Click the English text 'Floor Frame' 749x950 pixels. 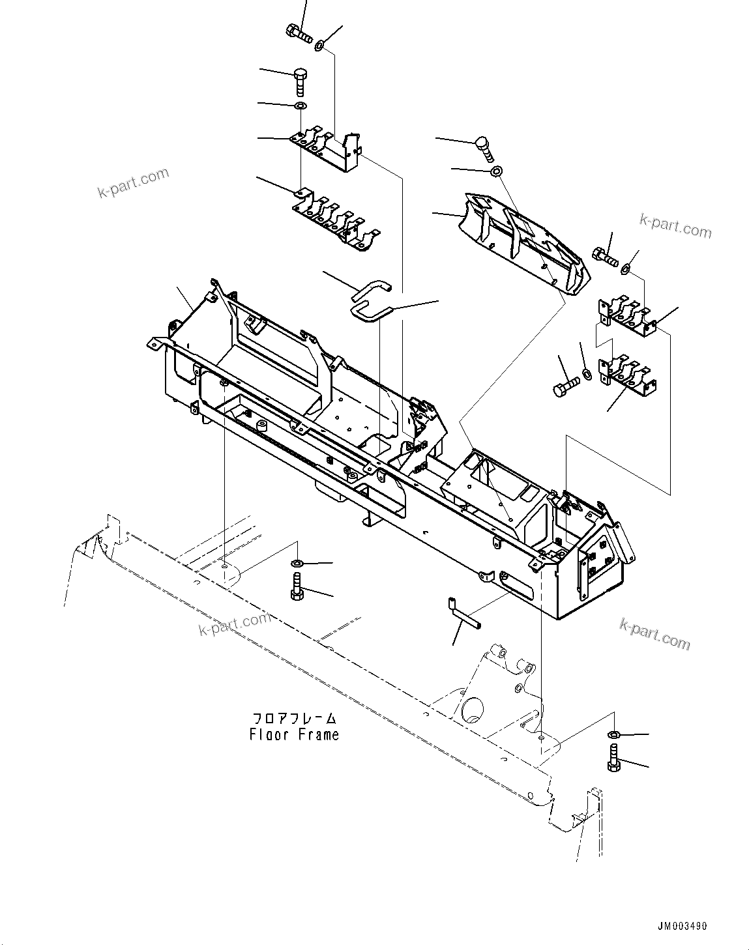294,734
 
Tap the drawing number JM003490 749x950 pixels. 679,927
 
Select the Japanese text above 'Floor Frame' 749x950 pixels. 295,719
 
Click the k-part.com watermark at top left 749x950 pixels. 133,183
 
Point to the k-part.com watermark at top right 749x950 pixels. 675,225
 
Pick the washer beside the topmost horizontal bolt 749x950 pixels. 320,46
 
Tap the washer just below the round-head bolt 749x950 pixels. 495,171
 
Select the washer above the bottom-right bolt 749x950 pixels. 613,735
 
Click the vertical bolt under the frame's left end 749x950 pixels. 296,586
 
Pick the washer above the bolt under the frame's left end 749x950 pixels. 296,562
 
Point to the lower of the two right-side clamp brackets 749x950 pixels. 628,377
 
